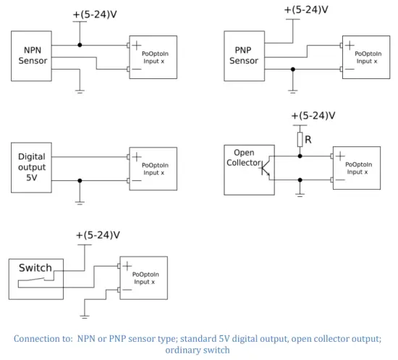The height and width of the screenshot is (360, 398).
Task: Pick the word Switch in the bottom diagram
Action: point(35,267)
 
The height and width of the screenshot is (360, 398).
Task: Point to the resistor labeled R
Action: point(300,139)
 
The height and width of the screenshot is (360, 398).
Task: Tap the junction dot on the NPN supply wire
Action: point(80,45)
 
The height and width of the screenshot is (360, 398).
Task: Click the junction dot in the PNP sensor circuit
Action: point(292,70)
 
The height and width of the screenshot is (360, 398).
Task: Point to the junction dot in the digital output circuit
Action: point(80,180)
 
